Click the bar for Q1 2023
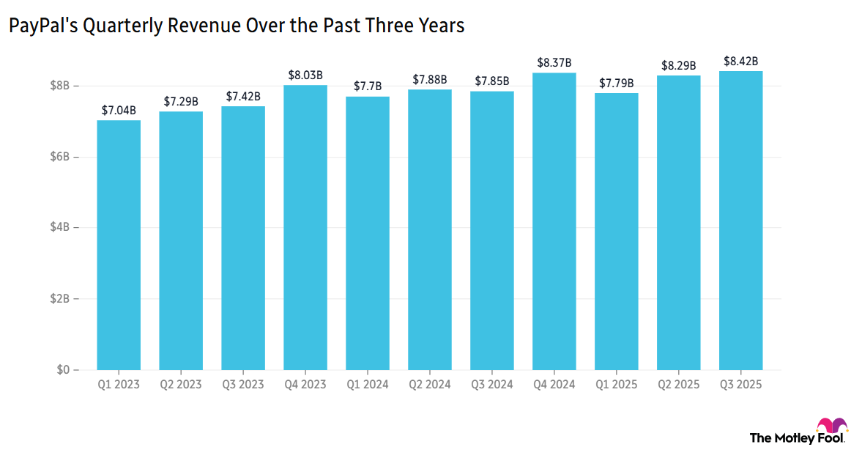119,245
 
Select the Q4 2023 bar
305,228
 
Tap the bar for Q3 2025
740,221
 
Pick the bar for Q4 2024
554,221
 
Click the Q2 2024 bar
430,230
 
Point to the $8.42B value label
740,61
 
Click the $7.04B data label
119,111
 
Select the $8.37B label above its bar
554,63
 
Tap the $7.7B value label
368,86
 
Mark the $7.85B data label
492,81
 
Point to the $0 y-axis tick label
64,370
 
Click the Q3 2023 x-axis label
243,384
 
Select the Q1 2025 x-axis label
616,384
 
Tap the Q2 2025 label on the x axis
678,384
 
